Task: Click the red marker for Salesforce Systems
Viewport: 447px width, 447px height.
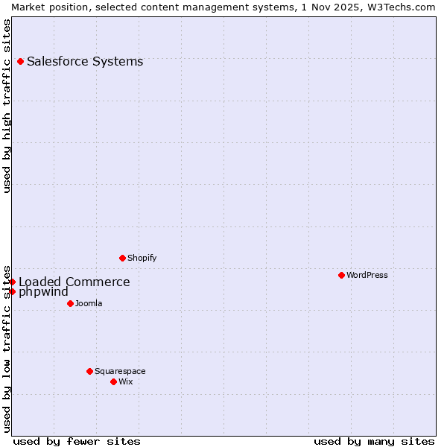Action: [x=20, y=61]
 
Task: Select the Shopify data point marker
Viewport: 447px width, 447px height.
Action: [x=122, y=258]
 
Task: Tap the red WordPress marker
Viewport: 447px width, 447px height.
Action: [x=341, y=275]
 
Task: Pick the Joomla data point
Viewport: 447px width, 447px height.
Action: [x=70, y=303]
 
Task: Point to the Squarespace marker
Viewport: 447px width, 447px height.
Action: [x=89, y=371]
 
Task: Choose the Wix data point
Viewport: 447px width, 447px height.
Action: [x=113, y=381]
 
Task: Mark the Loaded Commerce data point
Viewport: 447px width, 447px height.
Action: [x=12, y=282]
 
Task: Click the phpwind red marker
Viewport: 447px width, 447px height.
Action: [x=12, y=291]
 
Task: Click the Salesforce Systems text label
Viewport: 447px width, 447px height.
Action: [x=85, y=61]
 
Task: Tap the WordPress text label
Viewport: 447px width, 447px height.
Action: [x=367, y=275]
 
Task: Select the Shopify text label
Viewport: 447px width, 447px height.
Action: [x=142, y=258]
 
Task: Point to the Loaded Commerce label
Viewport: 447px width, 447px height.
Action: [x=74, y=282]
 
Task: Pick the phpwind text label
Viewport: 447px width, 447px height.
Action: [x=43, y=292]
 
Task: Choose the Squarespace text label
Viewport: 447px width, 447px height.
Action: [x=120, y=371]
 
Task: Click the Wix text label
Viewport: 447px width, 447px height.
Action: [x=126, y=381]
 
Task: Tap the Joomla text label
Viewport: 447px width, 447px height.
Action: [x=89, y=303]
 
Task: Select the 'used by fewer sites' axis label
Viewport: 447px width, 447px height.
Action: [x=77, y=441]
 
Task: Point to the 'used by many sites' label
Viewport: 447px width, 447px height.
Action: [x=374, y=441]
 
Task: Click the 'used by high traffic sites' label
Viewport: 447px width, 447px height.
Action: [x=7, y=106]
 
